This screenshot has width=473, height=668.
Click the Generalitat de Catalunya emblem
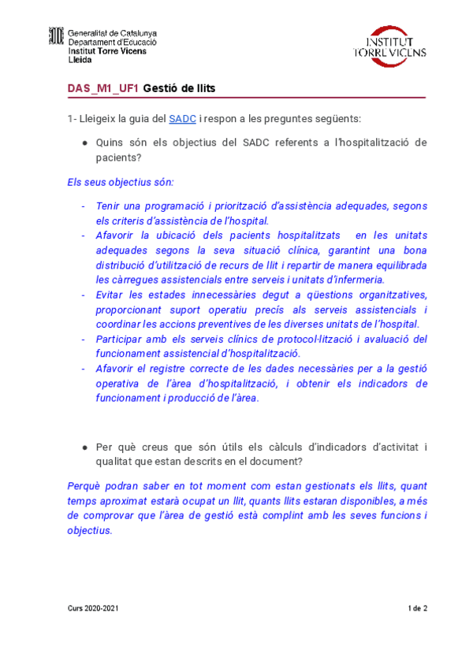click(x=56, y=36)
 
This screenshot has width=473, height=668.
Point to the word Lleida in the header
click(x=80, y=60)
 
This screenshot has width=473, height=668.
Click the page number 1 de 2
click(x=417, y=609)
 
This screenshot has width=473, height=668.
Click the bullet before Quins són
click(x=84, y=143)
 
